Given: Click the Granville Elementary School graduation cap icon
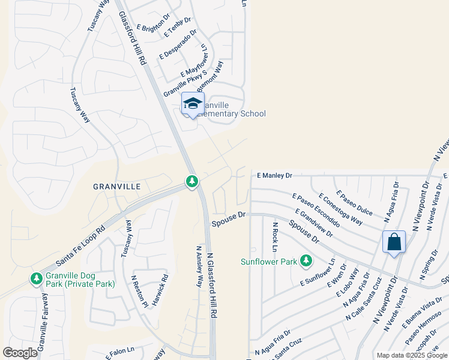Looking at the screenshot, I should (193, 103).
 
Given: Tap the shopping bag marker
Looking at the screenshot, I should (394, 242).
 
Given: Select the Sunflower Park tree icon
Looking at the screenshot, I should (306, 260).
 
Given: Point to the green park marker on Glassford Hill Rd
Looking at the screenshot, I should (191, 181).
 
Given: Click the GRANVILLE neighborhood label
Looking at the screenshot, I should (117, 187).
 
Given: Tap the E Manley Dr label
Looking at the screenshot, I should (274, 176).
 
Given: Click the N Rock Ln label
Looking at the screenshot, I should (274, 237).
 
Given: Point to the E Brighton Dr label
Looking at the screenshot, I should (153, 23).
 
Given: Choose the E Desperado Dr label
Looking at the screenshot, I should (178, 46).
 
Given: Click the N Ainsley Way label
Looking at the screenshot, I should (199, 266).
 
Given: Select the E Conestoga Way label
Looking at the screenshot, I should (340, 209).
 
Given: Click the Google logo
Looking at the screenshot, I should (20, 353).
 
